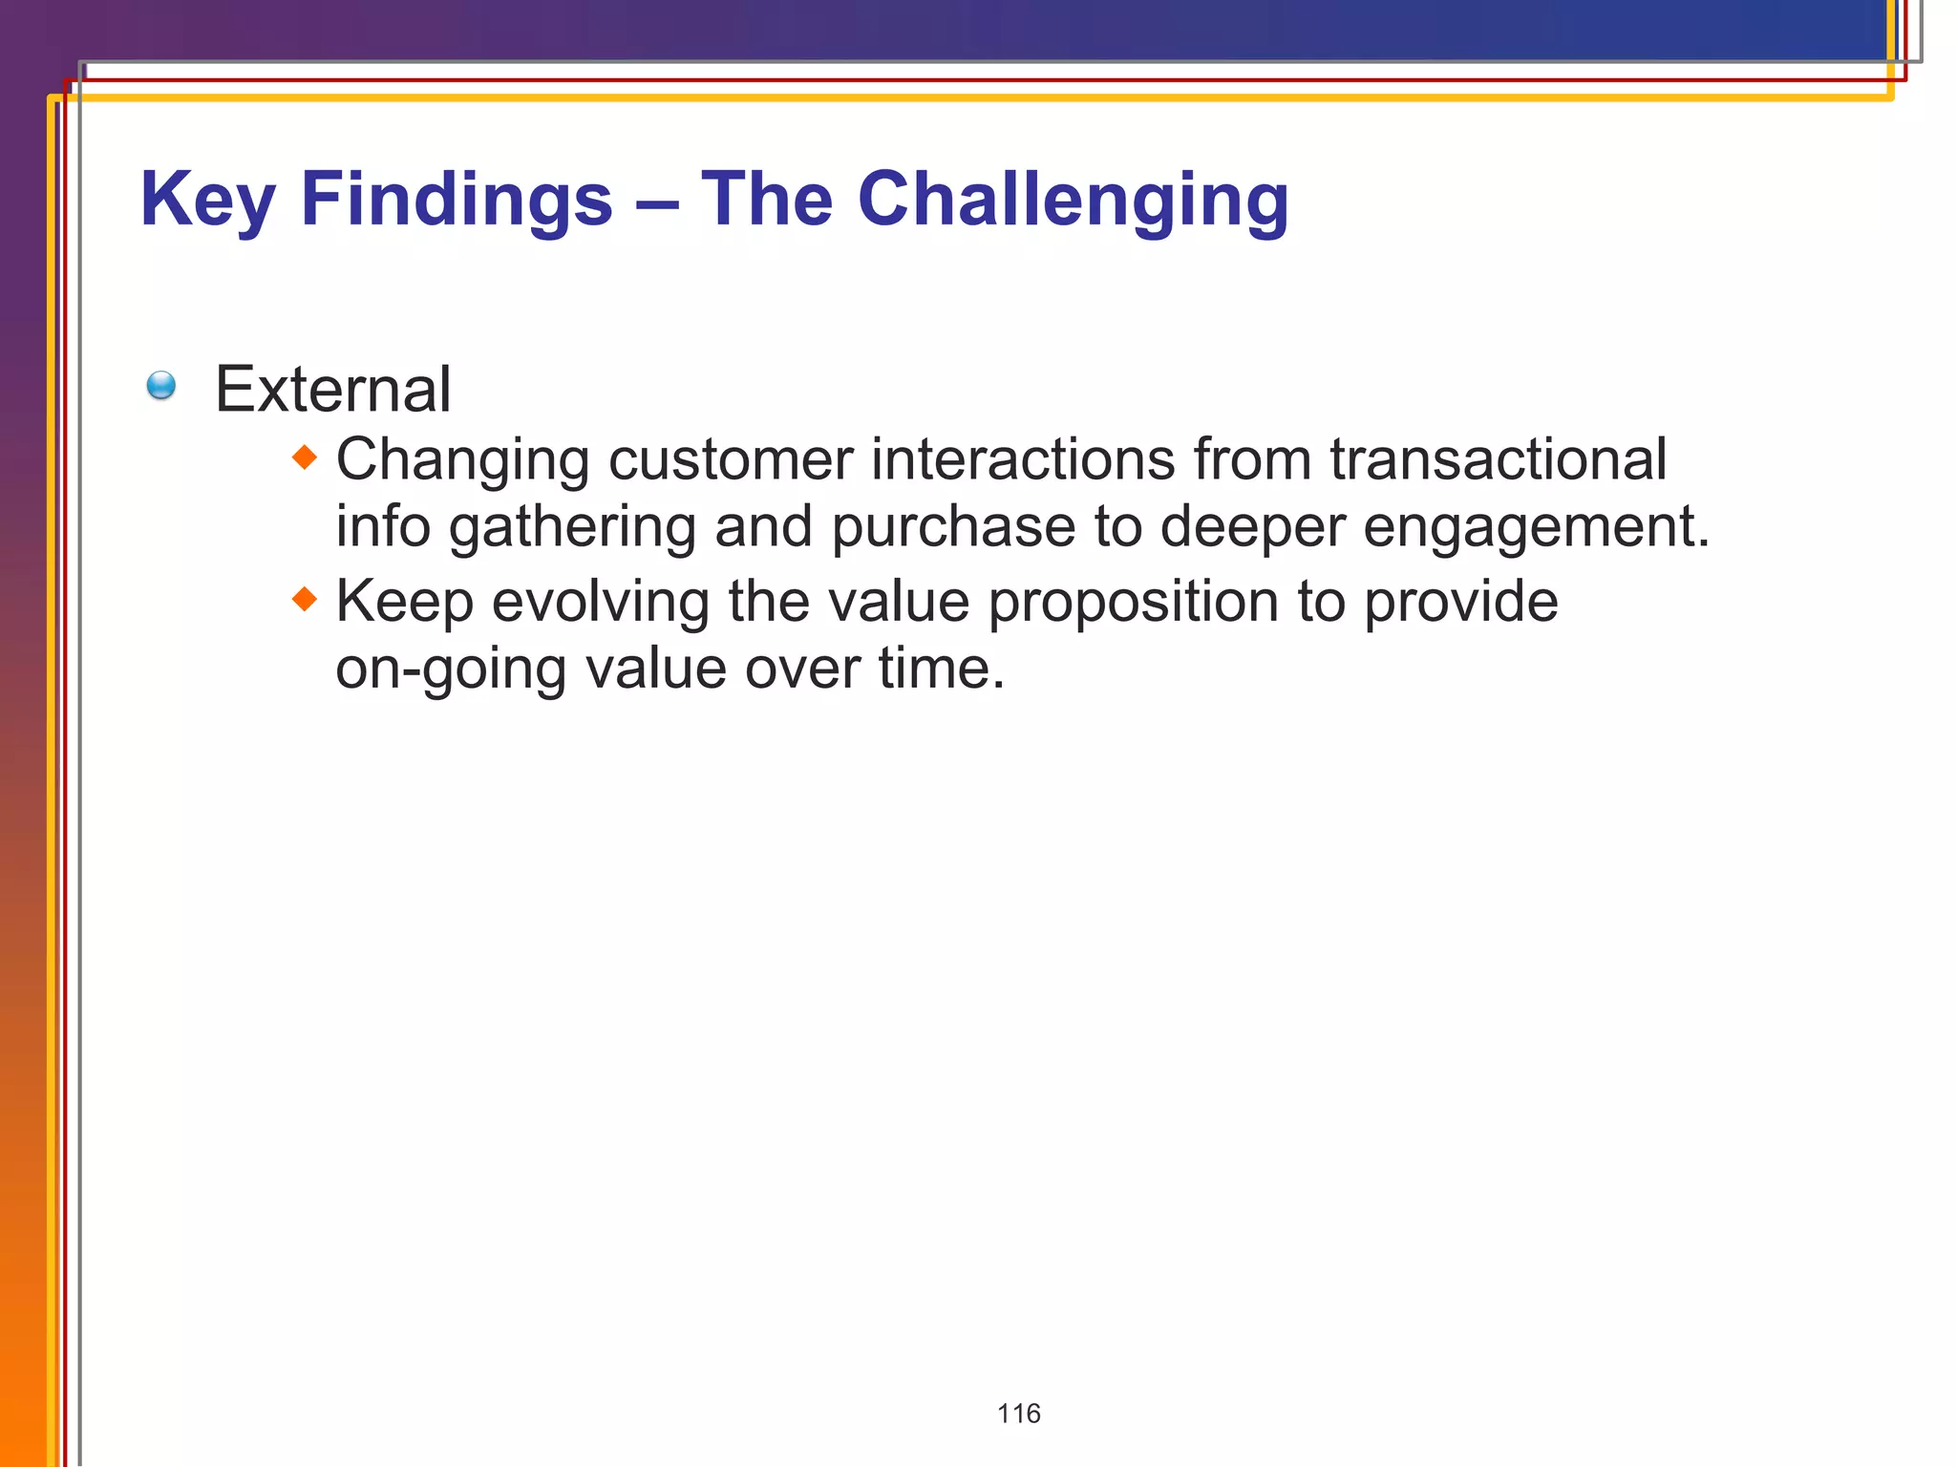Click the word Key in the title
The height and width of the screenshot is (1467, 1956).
click(207, 200)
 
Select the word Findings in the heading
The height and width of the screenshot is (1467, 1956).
click(457, 200)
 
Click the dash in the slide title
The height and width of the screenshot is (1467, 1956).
click(656, 203)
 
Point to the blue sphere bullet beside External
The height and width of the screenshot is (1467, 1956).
click(161, 386)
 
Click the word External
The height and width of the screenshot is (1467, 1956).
click(332, 390)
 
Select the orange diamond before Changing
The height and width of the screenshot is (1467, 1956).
click(304, 457)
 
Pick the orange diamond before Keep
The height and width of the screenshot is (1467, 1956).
click(304, 600)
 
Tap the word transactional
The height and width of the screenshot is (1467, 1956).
click(1498, 459)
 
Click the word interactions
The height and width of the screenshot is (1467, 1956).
click(1023, 459)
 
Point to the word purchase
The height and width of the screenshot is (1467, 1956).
click(953, 528)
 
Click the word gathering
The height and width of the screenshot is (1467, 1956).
click(572, 528)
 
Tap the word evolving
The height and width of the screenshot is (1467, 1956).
click(600, 602)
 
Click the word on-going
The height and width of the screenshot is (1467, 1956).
click(451, 670)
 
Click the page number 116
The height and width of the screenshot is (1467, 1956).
click(1018, 1414)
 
